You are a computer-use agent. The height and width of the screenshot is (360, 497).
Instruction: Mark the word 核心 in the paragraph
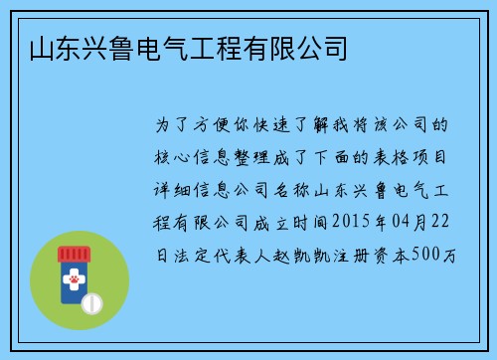[x=168, y=158]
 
